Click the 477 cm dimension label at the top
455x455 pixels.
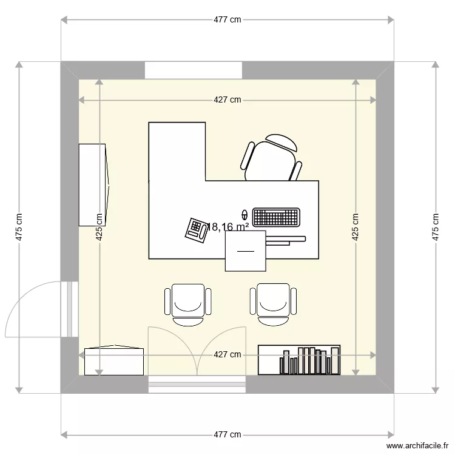227,19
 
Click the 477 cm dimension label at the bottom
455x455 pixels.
227,434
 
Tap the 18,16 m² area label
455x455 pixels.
227,227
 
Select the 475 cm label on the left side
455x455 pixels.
19,227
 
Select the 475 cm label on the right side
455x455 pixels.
435,227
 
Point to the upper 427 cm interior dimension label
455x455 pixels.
227,100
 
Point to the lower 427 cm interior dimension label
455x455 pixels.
227,354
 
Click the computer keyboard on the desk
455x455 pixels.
276,217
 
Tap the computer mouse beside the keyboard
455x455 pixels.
245,215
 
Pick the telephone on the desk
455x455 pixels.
197,231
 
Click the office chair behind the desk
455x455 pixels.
271,158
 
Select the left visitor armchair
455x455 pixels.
187,305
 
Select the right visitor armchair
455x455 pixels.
273,304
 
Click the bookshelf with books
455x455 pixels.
299,360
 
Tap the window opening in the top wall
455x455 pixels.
194,70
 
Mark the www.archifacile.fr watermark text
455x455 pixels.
417,445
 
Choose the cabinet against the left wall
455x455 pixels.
94,185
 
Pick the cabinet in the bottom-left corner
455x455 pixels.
114,360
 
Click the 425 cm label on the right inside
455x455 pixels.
356,227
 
